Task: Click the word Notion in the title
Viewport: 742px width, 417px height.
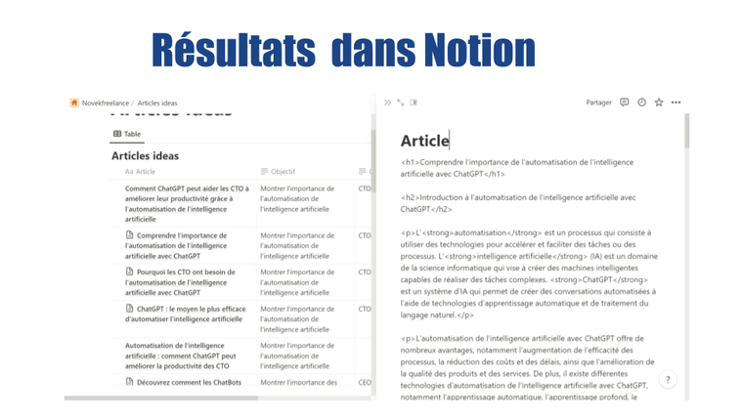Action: point(479,50)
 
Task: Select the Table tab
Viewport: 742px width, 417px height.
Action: point(127,134)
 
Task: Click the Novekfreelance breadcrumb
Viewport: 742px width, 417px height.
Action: point(106,103)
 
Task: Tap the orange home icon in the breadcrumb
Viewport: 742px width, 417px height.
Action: point(74,103)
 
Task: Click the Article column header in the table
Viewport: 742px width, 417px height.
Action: point(145,172)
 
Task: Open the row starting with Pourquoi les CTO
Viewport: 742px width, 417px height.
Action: point(186,282)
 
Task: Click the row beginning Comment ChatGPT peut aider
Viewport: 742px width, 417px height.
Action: point(186,203)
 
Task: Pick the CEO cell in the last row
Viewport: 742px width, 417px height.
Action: point(365,383)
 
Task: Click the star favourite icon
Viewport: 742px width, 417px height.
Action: point(659,103)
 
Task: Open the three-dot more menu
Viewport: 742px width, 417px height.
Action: point(677,103)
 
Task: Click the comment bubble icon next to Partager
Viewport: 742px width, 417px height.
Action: point(625,103)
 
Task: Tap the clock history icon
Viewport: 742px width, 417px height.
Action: point(642,103)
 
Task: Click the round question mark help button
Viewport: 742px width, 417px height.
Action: point(668,380)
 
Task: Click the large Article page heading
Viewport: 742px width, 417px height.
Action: point(425,141)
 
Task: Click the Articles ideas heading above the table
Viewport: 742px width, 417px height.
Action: point(145,155)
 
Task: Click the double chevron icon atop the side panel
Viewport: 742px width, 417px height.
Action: point(387,103)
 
